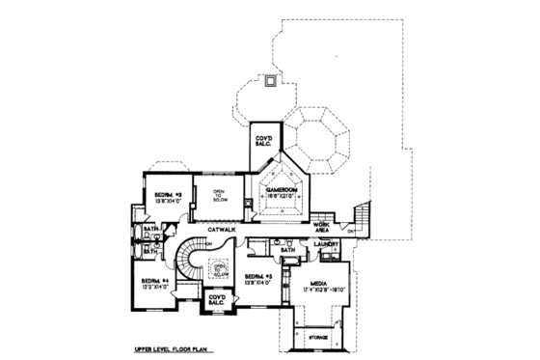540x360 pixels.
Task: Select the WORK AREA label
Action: pos(323,226)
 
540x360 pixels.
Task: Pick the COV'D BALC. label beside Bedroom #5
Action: pos(217,300)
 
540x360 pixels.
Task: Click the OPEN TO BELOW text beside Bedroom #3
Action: pos(219,195)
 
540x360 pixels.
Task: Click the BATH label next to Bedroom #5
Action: pos(287,249)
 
